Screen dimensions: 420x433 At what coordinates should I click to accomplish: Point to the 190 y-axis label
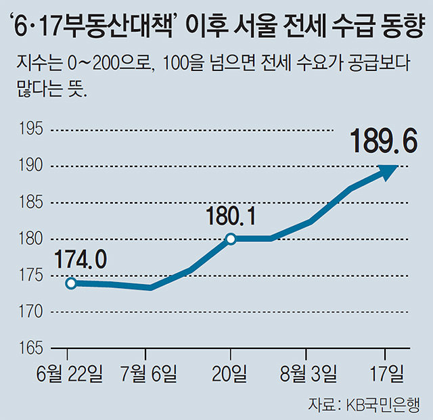tap(30, 166)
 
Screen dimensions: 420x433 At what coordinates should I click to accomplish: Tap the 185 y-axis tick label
tap(30, 203)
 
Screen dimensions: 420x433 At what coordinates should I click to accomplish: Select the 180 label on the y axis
tap(30, 239)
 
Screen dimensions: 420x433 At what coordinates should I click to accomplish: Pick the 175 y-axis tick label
tap(30, 276)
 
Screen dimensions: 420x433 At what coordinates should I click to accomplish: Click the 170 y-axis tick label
tap(30, 312)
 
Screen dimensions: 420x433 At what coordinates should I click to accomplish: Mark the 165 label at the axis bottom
tap(30, 348)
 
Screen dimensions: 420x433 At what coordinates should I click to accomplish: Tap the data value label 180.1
tap(231, 216)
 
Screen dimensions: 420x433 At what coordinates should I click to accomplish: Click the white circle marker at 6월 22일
tap(70, 283)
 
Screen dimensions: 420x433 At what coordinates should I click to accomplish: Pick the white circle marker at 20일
tap(231, 239)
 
